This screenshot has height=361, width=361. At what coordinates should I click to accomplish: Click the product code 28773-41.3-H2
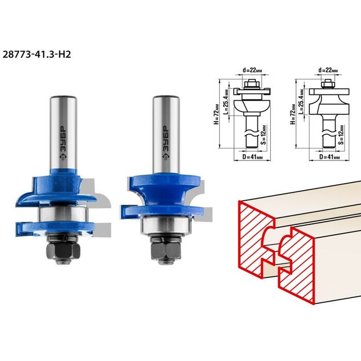click(x=37, y=55)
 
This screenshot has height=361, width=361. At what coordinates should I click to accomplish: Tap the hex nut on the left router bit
click(x=63, y=250)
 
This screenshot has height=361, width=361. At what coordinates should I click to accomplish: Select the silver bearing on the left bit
click(x=63, y=215)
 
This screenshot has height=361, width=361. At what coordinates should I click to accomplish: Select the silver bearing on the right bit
click(x=166, y=226)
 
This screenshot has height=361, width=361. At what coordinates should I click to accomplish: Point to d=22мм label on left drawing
click(x=252, y=70)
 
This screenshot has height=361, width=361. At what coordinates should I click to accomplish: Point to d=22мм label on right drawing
click(x=328, y=70)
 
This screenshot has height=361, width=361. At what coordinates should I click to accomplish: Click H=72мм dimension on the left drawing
click(x=217, y=114)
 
